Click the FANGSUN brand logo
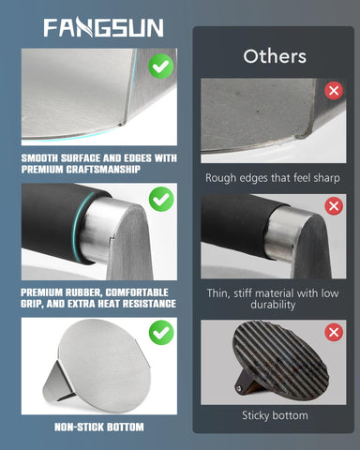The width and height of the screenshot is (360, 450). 103,27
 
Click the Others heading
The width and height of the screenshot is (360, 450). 275,56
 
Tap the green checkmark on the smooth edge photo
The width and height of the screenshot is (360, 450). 161,66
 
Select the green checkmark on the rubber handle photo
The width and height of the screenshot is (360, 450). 161,199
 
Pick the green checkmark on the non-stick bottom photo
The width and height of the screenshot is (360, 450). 161,332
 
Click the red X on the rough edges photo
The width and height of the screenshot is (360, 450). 334,91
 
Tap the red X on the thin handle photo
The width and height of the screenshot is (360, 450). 334,206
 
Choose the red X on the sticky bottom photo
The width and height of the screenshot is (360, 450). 334,332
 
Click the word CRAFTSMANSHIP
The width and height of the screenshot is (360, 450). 103,170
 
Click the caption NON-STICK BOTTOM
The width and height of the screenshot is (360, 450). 99,427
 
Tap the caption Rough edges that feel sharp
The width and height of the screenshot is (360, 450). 273,178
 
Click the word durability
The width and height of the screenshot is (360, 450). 273,305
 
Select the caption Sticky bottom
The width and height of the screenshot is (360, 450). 275,415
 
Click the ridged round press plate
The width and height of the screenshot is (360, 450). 280,360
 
